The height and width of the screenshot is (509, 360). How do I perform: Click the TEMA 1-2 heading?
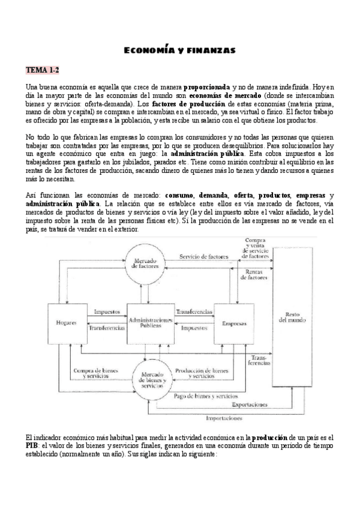point(41,70)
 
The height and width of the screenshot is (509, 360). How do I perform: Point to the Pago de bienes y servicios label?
point(206,396)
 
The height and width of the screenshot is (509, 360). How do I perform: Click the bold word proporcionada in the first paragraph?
point(206,88)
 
